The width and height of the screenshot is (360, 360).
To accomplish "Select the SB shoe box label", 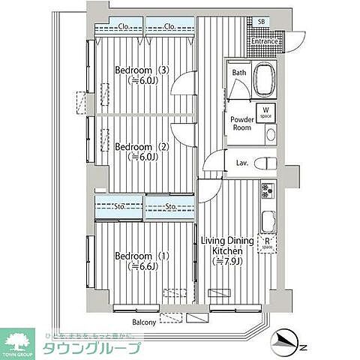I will point(261,22).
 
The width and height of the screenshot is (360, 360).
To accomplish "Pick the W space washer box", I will point(265,112).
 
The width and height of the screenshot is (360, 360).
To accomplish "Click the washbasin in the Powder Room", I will point(270,135).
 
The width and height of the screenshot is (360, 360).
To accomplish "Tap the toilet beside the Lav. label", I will point(265,163).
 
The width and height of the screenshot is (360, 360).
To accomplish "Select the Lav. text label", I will point(241,163).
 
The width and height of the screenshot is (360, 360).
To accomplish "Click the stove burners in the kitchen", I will point(267,193).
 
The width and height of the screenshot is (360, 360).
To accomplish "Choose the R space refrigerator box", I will point(267,243).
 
